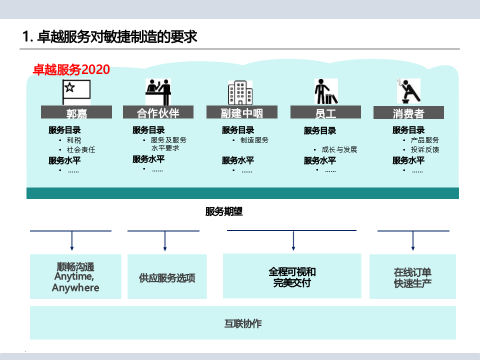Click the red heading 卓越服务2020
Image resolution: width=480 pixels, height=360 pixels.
(71, 70)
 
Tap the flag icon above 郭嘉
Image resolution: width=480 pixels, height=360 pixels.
(76, 91)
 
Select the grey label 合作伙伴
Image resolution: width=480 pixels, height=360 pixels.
(158, 112)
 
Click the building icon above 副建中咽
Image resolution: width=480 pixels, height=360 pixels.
(240, 92)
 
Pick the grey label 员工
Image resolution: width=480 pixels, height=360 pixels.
(325, 112)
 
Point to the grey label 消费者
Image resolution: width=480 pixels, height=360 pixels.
(408, 113)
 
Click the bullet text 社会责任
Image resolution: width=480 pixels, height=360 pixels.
(80, 149)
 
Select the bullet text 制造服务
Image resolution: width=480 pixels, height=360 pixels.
(254, 140)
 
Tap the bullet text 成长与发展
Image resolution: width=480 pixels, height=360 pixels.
(339, 149)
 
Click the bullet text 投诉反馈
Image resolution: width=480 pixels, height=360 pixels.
(424, 149)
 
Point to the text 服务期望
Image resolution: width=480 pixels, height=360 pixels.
(224, 211)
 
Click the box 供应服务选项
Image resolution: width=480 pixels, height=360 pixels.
(167, 278)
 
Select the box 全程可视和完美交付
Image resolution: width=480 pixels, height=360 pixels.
(292, 277)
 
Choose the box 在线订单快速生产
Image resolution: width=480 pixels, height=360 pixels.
(412, 277)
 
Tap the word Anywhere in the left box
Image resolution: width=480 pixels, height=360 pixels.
(75, 288)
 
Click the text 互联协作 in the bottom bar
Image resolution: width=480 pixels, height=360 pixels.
(242, 323)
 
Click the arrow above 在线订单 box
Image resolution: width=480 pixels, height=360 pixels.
(412, 241)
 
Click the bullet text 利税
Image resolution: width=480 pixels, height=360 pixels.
(73, 140)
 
